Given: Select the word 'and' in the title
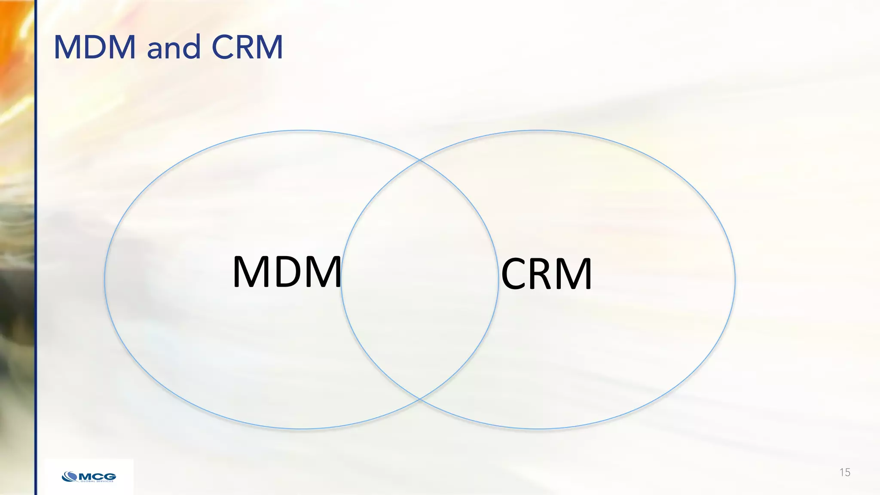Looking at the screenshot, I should pyautogui.click(x=174, y=48).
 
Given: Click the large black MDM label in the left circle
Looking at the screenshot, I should pyautogui.click(x=287, y=272).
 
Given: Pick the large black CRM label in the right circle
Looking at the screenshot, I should pyautogui.click(x=547, y=274).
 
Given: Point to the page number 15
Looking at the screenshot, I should pyautogui.click(x=845, y=473).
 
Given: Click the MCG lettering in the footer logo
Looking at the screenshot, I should pyautogui.click(x=97, y=476).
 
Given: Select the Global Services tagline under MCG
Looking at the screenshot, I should pyautogui.click(x=97, y=481).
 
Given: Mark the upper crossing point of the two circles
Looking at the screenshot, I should pyautogui.click(x=420, y=160).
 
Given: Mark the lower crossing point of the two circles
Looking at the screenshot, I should pyautogui.click(x=420, y=399).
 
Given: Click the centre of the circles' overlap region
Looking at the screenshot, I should pyautogui.click(x=420, y=279).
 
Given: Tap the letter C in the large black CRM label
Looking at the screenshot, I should pyautogui.click(x=516, y=274).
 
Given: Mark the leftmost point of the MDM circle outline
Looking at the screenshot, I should pyautogui.click(x=105, y=279).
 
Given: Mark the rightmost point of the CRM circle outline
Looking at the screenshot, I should pyautogui.click(x=735, y=279).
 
